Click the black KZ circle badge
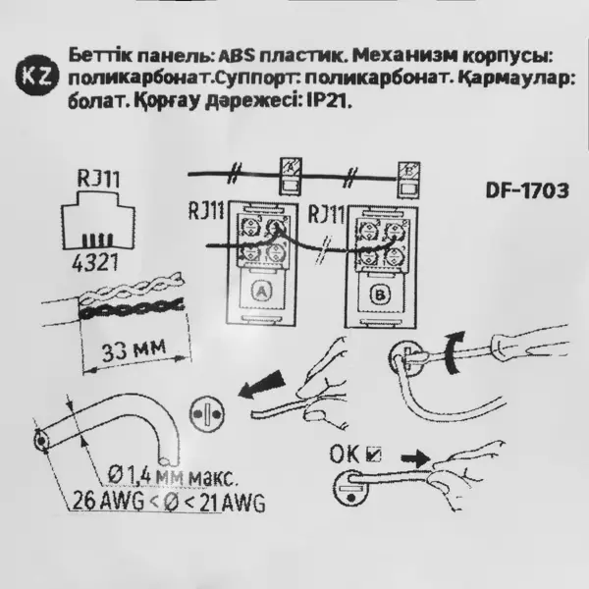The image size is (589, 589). point(37,75)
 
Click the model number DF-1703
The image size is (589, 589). point(527,190)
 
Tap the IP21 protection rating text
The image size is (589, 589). point(329,101)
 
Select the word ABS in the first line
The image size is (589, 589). point(237,56)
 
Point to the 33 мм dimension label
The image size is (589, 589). point(134,349)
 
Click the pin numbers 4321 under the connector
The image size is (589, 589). point(95,262)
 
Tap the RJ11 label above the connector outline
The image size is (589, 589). point(99,179)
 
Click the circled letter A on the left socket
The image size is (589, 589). point(262,291)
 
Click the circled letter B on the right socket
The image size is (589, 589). point(380,294)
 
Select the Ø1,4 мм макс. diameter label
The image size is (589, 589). point(173,475)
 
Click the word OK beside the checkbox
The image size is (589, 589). point(345,455)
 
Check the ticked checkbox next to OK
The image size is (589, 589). point(373,455)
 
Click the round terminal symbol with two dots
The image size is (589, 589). point(207,414)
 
